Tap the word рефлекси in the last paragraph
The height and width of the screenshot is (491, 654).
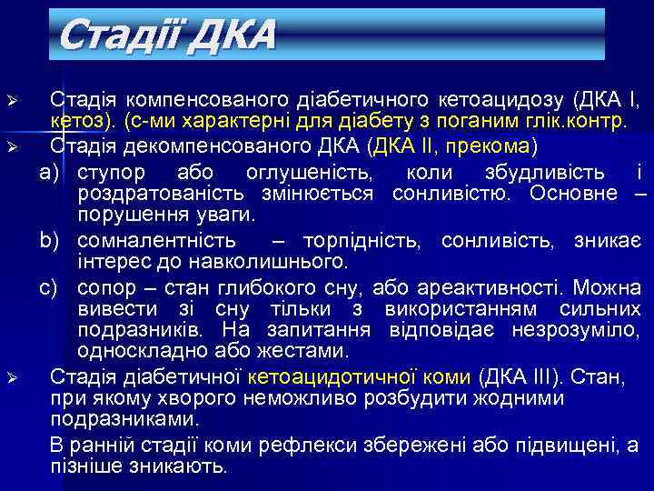(x=301, y=445)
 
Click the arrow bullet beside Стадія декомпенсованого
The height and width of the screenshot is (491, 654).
(x=12, y=146)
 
